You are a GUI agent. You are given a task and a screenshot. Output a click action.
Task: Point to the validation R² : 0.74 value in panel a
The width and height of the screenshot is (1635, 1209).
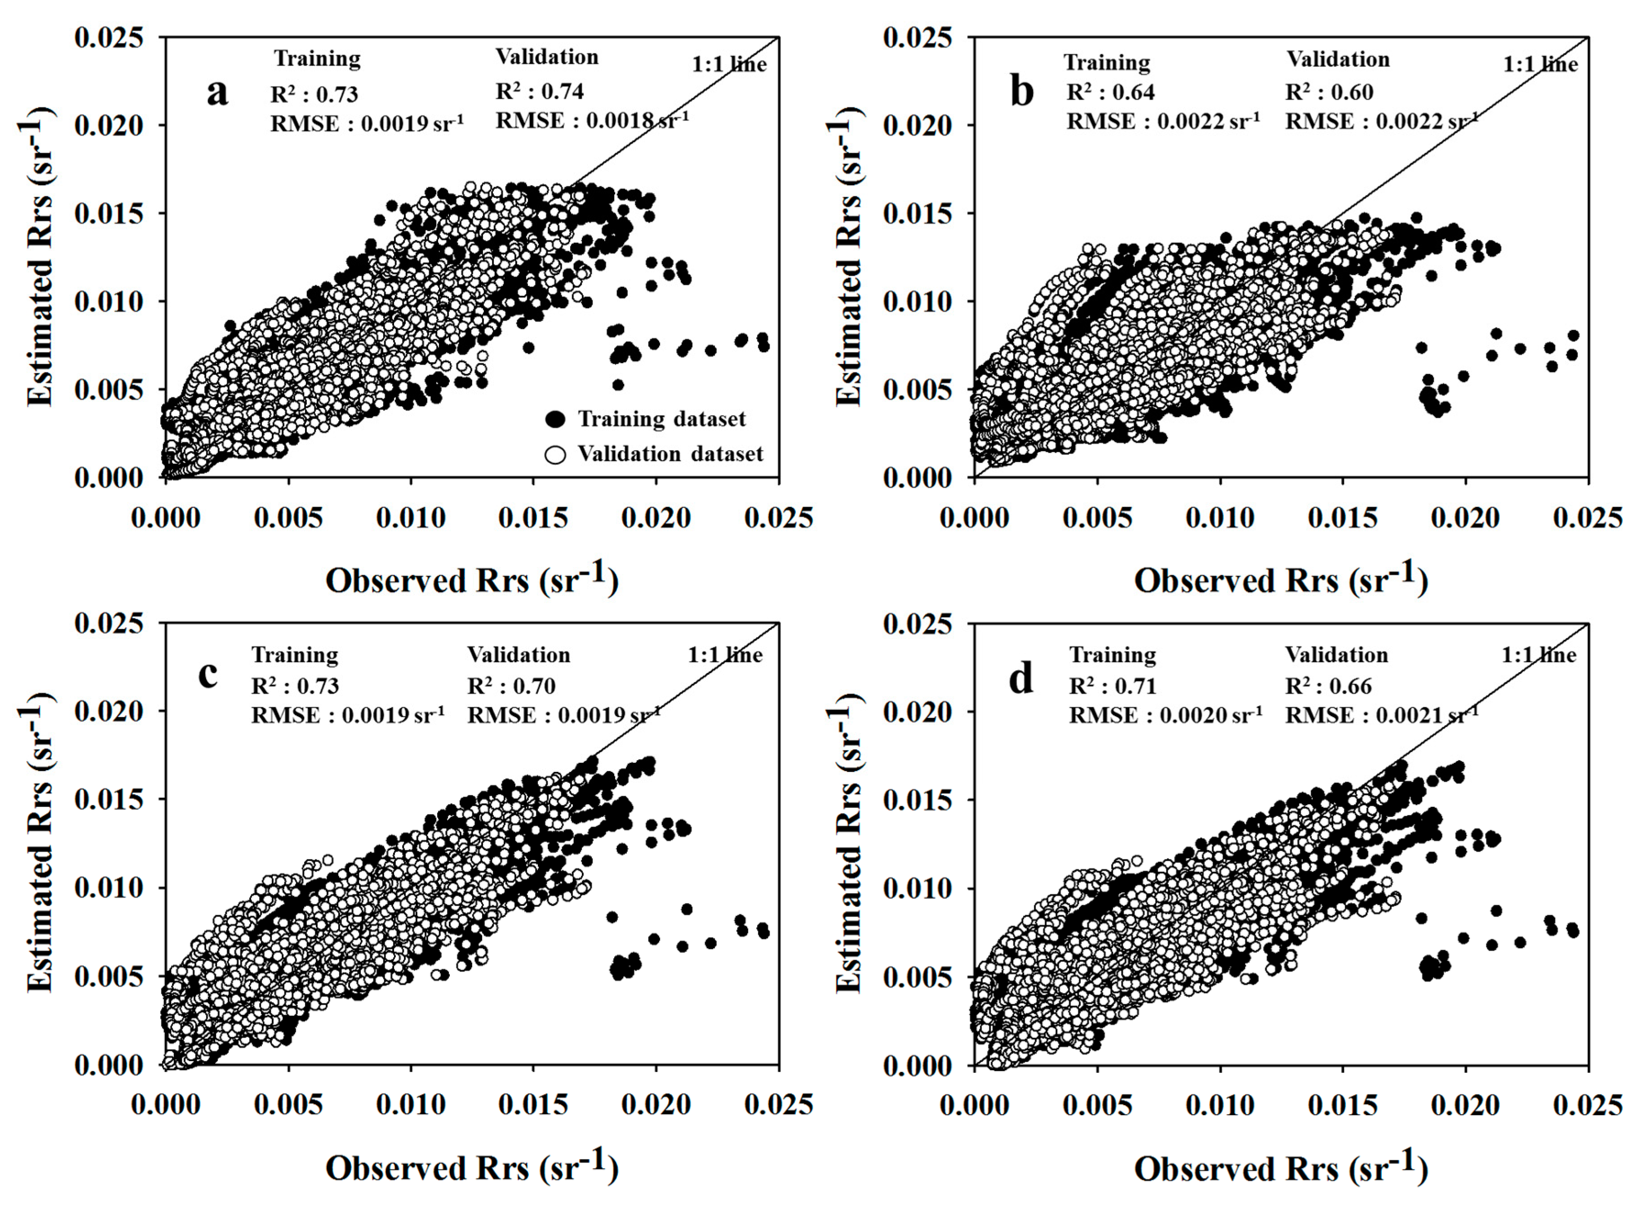pos(540,91)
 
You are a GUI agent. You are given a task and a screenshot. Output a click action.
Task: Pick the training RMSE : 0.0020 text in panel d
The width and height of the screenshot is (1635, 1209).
pos(1165,714)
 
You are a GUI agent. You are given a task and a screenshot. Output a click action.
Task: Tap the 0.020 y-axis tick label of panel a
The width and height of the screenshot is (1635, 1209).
pos(109,125)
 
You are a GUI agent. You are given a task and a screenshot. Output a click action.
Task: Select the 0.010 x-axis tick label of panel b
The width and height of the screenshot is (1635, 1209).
pos(1219,518)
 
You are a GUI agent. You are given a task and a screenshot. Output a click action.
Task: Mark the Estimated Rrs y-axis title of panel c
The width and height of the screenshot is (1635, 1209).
pos(40,843)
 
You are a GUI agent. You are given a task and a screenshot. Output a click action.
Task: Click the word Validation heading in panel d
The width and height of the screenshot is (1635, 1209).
pos(1336,654)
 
